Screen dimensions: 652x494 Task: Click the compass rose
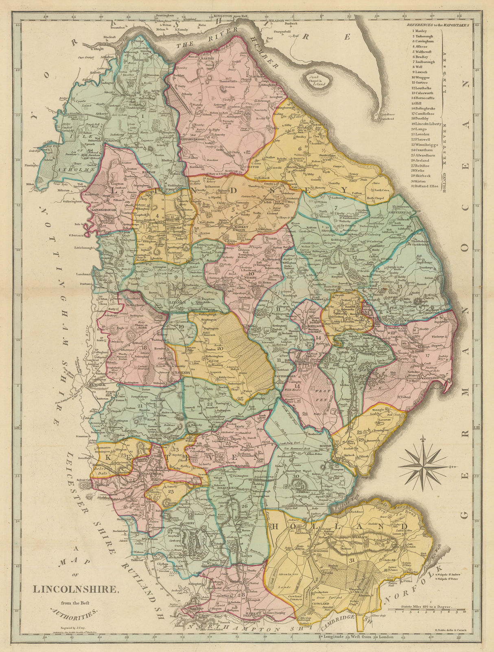tap(426, 465)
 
